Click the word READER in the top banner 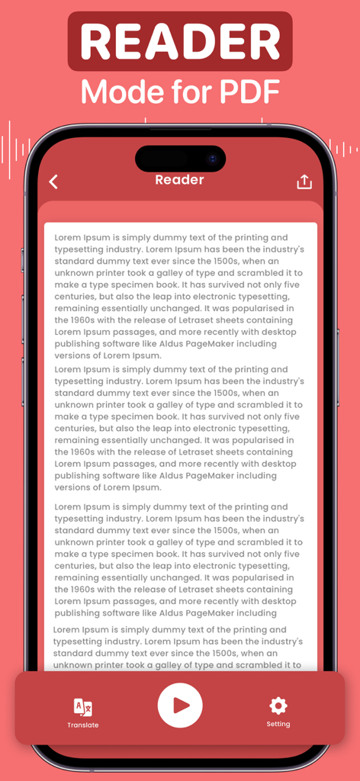pyautogui.click(x=180, y=41)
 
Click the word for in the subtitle pyautogui.click(x=182, y=92)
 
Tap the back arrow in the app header pyautogui.click(x=53, y=182)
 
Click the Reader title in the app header pyautogui.click(x=180, y=180)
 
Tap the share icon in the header pyautogui.click(x=304, y=182)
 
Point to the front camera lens pyautogui.click(x=213, y=159)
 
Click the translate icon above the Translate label pyautogui.click(x=82, y=706)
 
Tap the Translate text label pyautogui.click(x=82, y=725)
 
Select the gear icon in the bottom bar pyautogui.click(x=278, y=705)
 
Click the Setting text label pyautogui.click(x=278, y=724)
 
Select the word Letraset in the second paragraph pyautogui.click(x=188, y=452)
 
